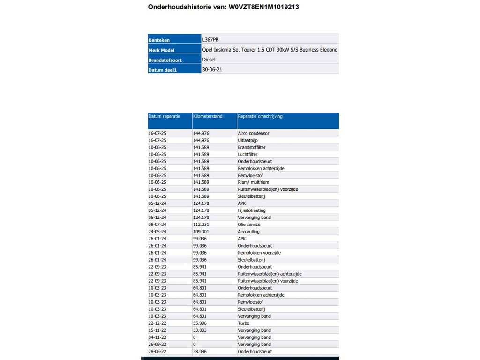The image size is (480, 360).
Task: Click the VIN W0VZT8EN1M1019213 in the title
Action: (264, 7)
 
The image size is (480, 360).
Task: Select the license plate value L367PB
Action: (210, 40)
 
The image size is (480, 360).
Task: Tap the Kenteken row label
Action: (159, 40)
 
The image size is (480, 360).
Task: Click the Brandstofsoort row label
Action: (165, 60)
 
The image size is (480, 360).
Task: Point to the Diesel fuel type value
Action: (209, 60)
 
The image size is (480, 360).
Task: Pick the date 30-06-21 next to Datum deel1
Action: (212, 70)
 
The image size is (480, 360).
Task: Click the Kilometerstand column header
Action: (208, 116)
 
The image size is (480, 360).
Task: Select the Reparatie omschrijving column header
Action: (260, 116)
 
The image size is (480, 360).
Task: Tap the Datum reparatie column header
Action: (164, 116)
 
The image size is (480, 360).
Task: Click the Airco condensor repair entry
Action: (254, 133)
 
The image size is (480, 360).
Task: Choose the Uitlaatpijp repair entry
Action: (248, 140)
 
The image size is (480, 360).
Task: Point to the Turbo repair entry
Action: (244, 323)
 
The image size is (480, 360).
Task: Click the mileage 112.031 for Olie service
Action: (201, 225)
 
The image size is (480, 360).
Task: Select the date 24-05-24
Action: (157, 232)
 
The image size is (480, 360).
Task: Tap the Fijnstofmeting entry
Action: (251, 210)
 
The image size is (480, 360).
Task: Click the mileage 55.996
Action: (201, 323)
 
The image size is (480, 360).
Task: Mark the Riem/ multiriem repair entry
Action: (254, 182)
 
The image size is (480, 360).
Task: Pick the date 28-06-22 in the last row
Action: (157, 351)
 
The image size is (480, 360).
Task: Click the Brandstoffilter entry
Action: (252, 147)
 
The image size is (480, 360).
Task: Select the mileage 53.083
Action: (201, 330)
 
